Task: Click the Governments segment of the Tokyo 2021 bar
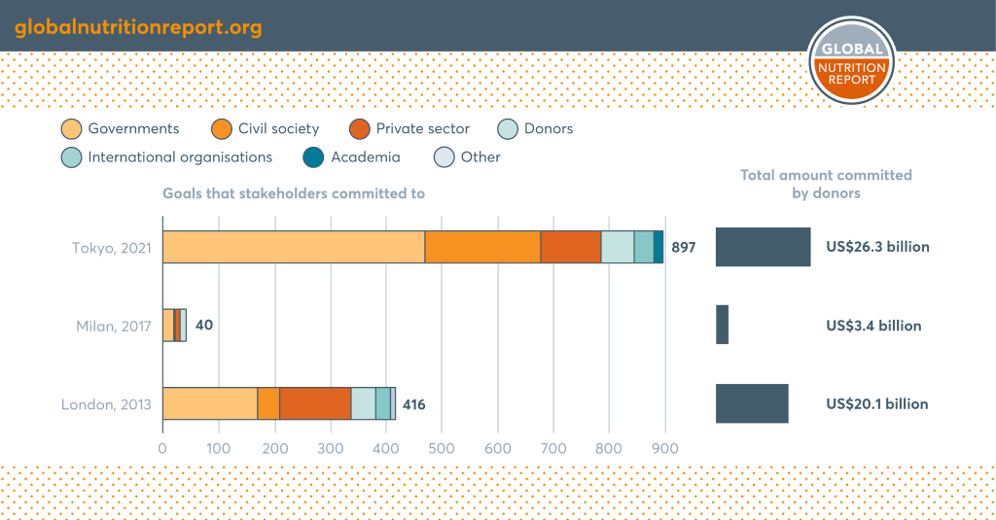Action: tap(294, 247)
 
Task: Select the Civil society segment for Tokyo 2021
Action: tap(482, 247)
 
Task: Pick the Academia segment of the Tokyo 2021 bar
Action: tap(658, 247)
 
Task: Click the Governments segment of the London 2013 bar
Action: tap(209, 403)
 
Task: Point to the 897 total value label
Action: tap(684, 248)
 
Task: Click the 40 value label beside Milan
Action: tap(204, 325)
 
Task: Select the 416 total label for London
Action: tap(413, 404)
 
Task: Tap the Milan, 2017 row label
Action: tap(113, 326)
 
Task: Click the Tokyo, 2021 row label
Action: tap(111, 248)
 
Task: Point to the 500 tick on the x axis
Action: tap(442, 450)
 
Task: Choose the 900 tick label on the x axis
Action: tap(665, 450)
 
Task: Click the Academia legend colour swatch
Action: tap(313, 156)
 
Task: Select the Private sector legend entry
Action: tap(409, 129)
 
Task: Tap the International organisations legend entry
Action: tap(167, 156)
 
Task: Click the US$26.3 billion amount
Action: tap(877, 247)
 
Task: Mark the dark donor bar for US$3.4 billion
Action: tap(722, 325)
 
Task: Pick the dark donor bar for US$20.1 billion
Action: tap(752, 403)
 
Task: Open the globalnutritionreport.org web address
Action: tap(138, 26)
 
